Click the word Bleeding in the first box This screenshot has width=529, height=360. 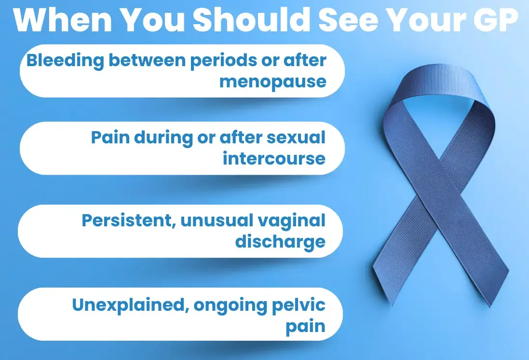coord(66,61)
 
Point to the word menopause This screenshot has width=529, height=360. coord(273,82)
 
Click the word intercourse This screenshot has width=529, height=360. coord(274,158)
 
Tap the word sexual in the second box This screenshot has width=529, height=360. coord(296,138)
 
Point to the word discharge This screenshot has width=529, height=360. coord(280,242)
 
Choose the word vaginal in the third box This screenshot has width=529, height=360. coord(291,222)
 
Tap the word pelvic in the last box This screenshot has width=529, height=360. coord(298,305)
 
